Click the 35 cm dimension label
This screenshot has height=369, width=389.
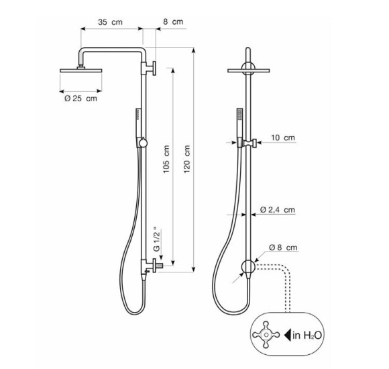click(x=110, y=22)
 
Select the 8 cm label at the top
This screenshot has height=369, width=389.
click(x=173, y=21)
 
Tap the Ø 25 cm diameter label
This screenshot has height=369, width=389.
click(x=81, y=99)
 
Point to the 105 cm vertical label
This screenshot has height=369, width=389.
click(x=166, y=159)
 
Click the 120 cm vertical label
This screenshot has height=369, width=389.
click(x=187, y=159)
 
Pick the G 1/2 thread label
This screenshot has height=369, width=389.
click(x=157, y=239)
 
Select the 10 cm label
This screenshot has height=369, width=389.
click(x=283, y=138)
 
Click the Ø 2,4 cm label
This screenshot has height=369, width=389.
click(x=278, y=210)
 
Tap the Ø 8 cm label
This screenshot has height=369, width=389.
click(x=283, y=248)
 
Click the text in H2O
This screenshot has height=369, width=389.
click(x=307, y=335)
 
